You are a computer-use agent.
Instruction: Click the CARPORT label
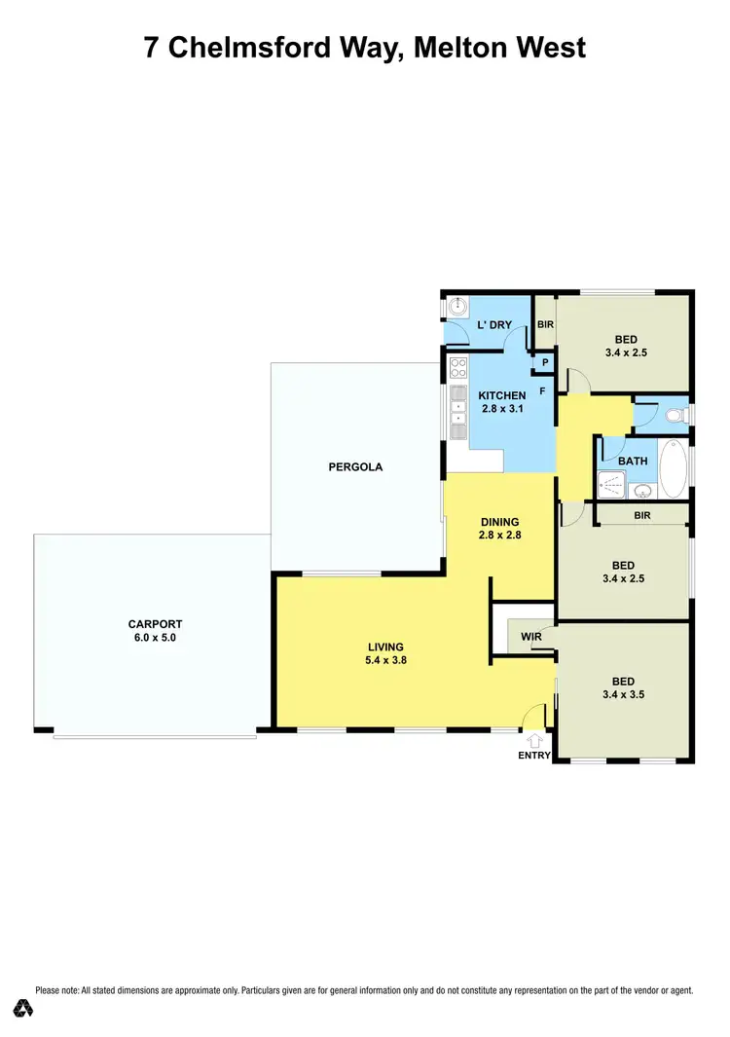(155, 624)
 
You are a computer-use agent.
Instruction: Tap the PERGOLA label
(354, 466)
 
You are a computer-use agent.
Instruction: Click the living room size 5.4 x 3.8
(385, 660)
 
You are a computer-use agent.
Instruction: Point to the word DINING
(499, 521)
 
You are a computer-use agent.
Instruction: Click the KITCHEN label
(501, 395)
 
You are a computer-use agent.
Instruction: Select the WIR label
(531, 638)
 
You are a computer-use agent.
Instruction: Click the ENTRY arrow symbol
(534, 739)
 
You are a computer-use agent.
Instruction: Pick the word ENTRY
(534, 756)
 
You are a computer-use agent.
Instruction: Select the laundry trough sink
(457, 306)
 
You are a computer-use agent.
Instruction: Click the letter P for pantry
(545, 363)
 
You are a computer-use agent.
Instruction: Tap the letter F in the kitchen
(542, 391)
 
